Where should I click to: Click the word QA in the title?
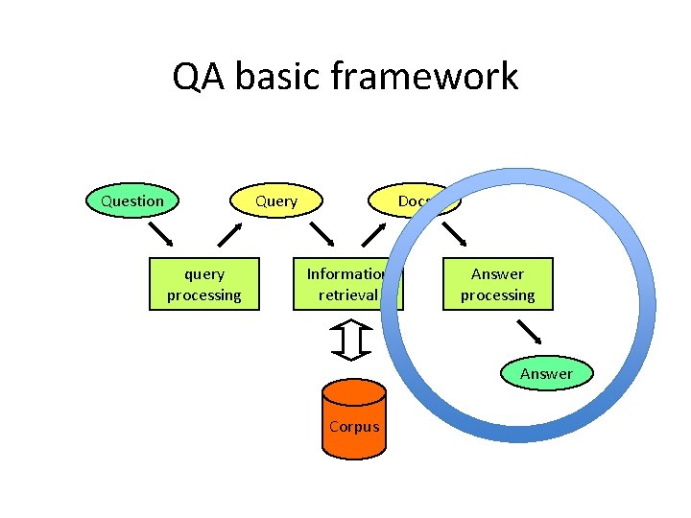pyautogui.click(x=195, y=77)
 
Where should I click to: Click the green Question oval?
pyautogui.click(x=132, y=200)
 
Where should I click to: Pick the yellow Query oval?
pyautogui.click(x=275, y=201)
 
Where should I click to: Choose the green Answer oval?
pyautogui.click(x=546, y=373)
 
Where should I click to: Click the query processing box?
pyautogui.click(x=203, y=284)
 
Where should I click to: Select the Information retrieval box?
pyautogui.click(x=346, y=284)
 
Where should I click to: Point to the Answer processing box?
pyautogui.click(x=497, y=284)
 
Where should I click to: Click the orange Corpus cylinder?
pyautogui.click(x=353, y=416)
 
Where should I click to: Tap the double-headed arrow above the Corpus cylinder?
pyautogui.click(x=354, y=341)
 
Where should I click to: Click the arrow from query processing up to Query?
pyautogui.click(x=230, y=234)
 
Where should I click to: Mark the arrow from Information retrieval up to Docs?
pyautogui.click(x=373, y=234)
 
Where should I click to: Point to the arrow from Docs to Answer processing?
pyautogui.click(x=453, y=234)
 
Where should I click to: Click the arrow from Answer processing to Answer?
pyautogui.click(x=530, y=333)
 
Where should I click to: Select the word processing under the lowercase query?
pyautogui.click(x=203, y=294)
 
